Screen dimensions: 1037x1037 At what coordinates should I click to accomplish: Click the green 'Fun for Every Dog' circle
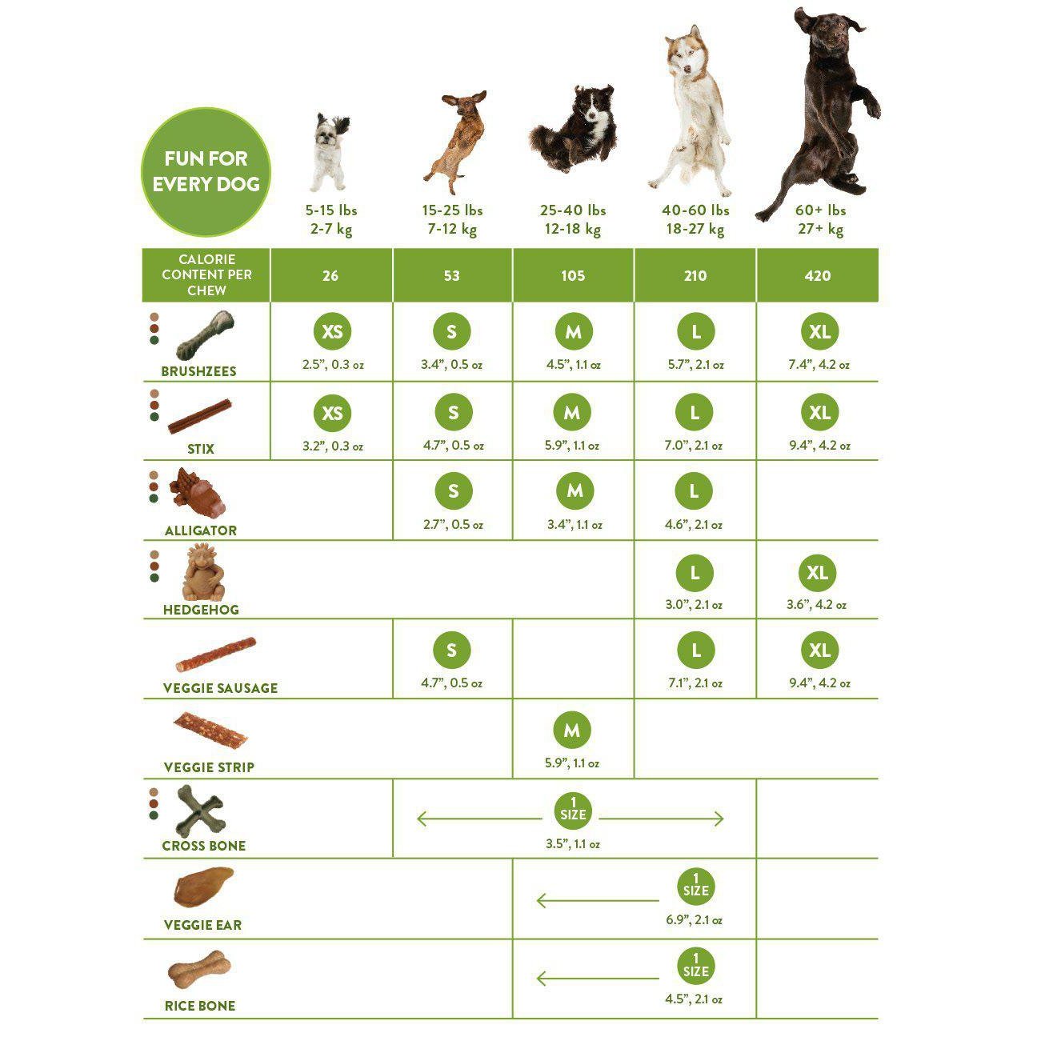click(x=206, y=172)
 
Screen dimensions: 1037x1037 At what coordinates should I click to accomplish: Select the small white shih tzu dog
click(x=330, y=151)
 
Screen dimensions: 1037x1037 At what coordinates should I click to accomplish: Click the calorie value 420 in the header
click(x=817, y=275)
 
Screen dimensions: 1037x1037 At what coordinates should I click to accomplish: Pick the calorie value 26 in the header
click(x=330, y=275)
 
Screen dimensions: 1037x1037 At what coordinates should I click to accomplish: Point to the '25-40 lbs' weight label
click(x=573, y=210)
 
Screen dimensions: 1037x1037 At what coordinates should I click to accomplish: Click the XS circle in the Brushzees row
click(x=332, y=331)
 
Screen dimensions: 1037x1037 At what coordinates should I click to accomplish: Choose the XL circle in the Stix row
click(x=819, y=413)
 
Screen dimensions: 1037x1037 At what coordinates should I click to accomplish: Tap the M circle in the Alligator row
click(x=575, y=490)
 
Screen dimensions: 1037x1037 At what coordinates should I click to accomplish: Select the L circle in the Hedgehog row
click(x=695, y=573)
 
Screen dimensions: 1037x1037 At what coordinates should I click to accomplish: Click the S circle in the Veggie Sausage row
click(x=452, y=650)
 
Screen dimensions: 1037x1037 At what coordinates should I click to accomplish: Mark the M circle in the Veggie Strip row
click(x=572, y=731)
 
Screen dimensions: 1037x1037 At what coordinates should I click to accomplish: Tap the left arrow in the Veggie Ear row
click(x=598, y=900)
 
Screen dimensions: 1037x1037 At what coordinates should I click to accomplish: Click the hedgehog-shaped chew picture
click(x=203, y=573)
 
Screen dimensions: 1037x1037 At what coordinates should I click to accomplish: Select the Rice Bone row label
click(x=200, y=1006)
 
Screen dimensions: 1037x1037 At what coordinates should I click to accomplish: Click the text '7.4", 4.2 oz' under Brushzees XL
click(x=819, y=365)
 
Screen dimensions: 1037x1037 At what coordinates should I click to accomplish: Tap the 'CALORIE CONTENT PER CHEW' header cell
click(x=206, y=275)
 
